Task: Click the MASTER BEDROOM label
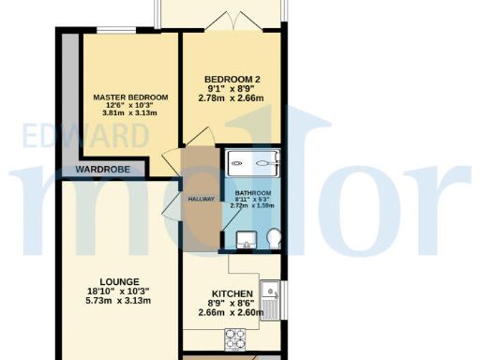(x=130, y=97)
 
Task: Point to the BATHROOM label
(x=252, y=195)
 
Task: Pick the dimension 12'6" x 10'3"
(x=130, y=106)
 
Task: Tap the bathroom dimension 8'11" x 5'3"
(x=252, y=202)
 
